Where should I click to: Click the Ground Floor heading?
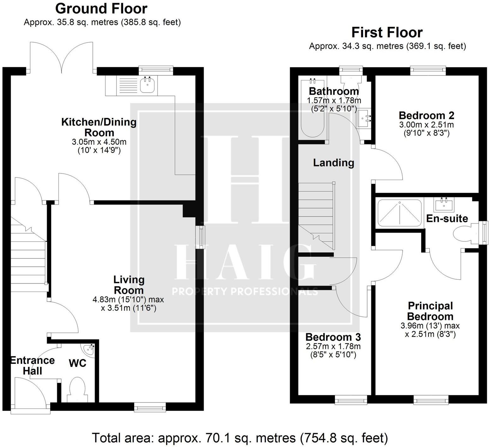click(x=101, y=9)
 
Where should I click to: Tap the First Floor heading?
click(x=387, y=32)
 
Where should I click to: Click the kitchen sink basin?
click(x=147, y=84)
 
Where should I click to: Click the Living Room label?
click(x=129, y=285)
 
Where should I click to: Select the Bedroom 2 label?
click(x=426, y=115)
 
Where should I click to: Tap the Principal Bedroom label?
click(x=430, y=311)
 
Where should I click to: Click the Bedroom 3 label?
click(x=333, y=337)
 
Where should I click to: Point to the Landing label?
click(x=333, y=163)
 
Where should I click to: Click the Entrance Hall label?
click(x=33, y=365)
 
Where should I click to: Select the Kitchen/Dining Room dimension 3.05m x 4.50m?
click(x=99, y=142)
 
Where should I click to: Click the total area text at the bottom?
click(x=240, y=438)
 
